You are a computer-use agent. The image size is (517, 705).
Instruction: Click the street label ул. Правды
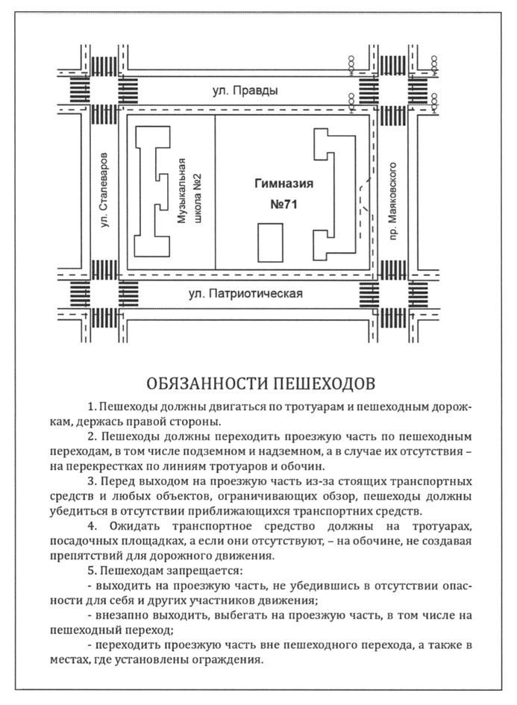coord(245,90)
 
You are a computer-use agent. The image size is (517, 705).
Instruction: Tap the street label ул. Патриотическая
coord(245,294)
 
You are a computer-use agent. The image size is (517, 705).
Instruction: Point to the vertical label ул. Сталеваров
coord(104,190)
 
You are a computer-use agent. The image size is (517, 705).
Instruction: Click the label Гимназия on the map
coord(283,184)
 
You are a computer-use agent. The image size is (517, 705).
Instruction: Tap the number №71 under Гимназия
coord(283,204)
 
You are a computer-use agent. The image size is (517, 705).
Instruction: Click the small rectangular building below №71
coord(270,242)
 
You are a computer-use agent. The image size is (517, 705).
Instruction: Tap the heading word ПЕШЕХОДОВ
coord(324,383)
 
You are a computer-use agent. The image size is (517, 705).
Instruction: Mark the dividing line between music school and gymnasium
coord(215,192)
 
